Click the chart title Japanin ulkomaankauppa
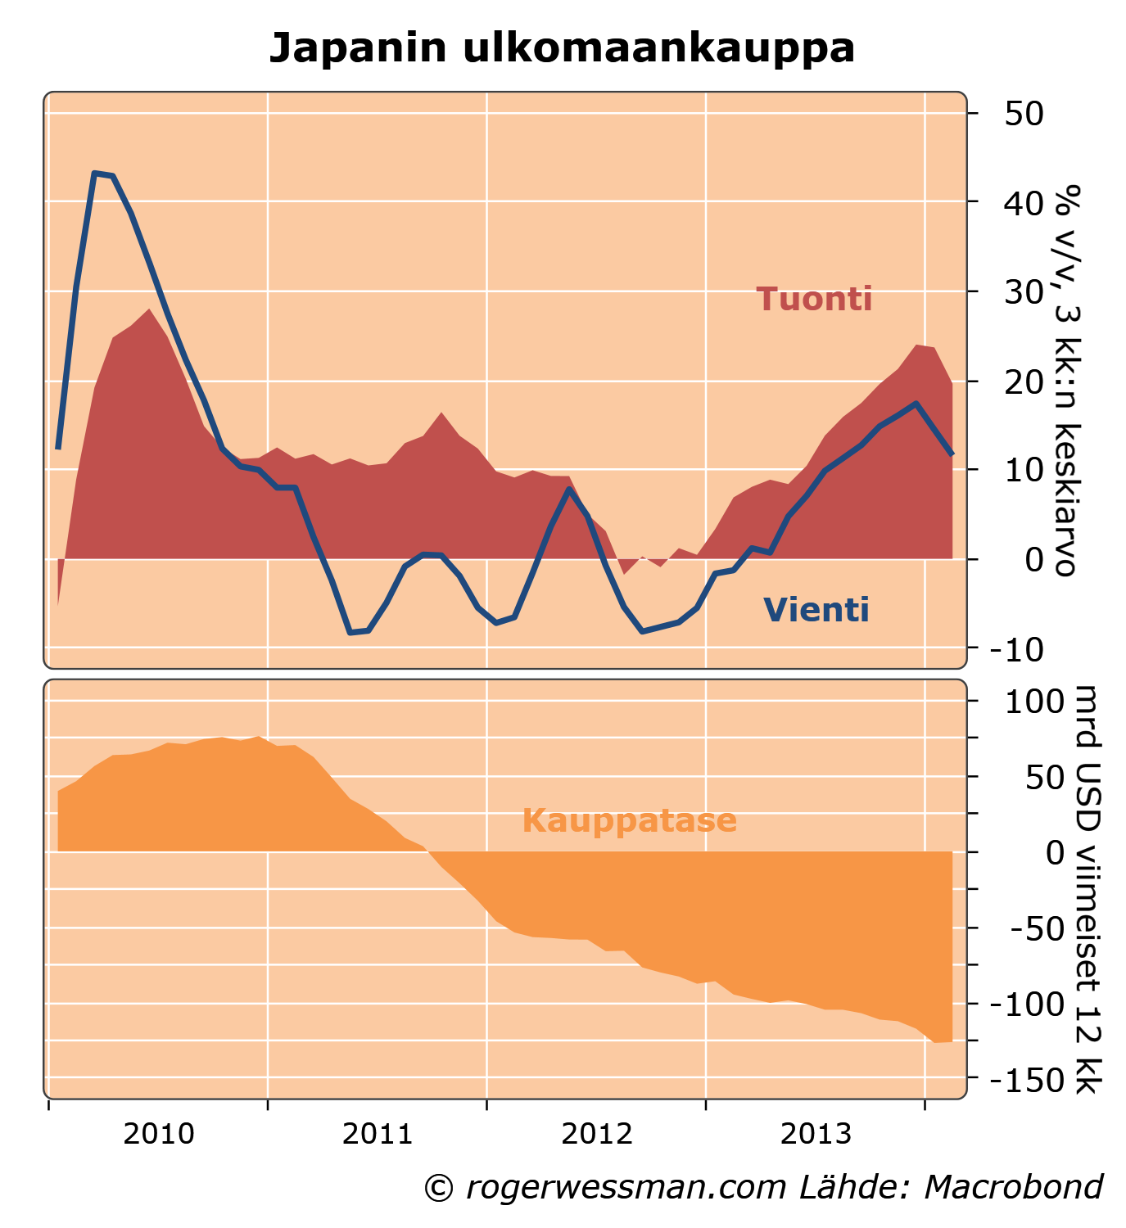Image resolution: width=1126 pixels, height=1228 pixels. click(x=562, y=48)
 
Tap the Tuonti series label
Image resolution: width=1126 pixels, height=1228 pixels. click(x=814, y=300)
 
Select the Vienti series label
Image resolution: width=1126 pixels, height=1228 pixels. click(x=816, y=610)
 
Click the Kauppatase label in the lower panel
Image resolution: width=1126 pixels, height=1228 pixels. click(x=629, y=820)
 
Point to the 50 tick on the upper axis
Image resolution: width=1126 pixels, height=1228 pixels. click(x=1023, y=113)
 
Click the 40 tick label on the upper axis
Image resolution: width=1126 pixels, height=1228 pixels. click(x=1023, y=202)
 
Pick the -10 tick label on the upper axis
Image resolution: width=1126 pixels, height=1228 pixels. click(x=1015, y=649)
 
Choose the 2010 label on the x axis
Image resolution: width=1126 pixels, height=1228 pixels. click(x=159, y=1135)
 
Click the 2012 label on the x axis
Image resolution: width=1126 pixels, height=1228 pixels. click(x=597, y=1135)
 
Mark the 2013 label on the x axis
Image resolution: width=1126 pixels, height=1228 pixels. click(x=816, y=1135)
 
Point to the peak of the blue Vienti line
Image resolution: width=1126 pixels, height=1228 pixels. click(x=95, y=174)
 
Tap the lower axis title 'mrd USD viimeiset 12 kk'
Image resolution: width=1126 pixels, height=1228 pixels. click(x=1088, y=889)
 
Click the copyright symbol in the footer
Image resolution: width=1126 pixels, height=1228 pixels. click(x=439, y=1188)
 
